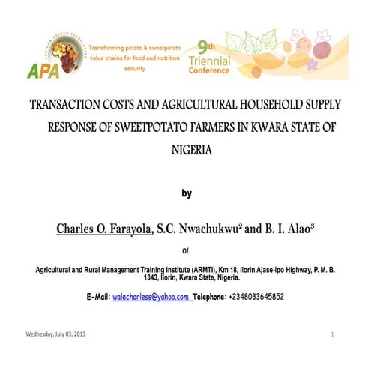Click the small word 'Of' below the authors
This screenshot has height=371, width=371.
point(187,250)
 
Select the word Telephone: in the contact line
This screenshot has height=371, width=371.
point(209,297)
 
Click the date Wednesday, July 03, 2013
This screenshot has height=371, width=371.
point(56,334)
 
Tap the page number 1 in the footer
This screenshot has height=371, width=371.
point(331,334)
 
